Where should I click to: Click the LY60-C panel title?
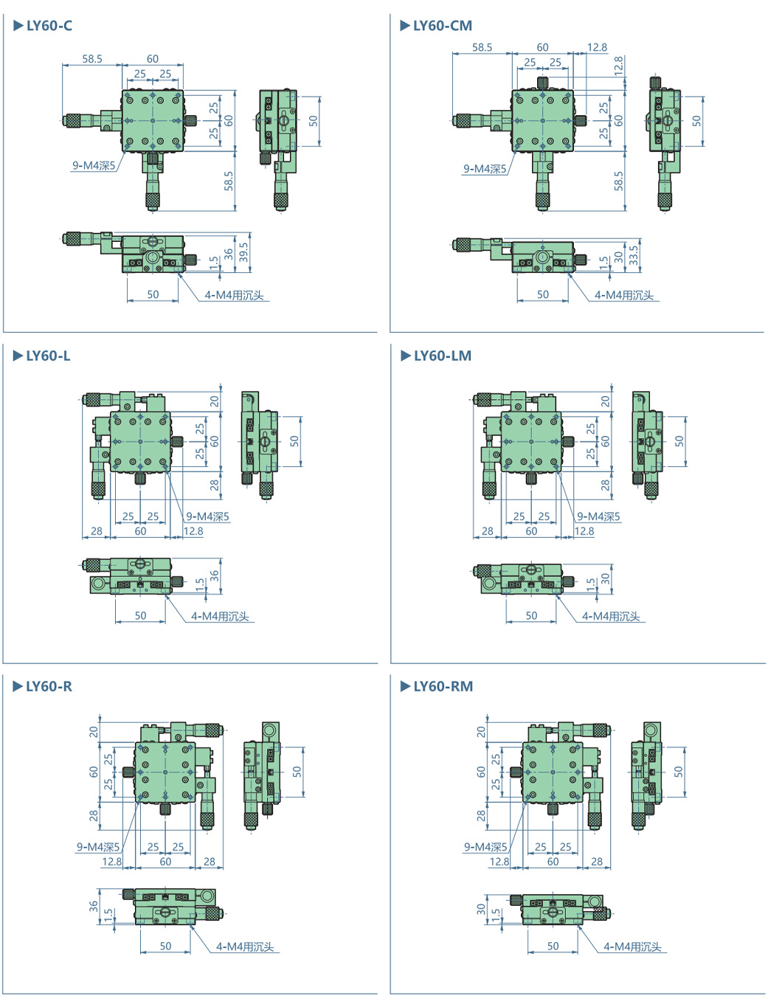(49, 26)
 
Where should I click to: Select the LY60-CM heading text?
(442, 26)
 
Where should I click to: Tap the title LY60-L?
(48, 356)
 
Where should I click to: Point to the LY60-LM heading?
(442, 356)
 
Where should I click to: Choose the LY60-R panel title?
(49, 687)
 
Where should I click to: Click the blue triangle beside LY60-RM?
(405, 687)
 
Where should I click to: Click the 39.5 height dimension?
(244, 252)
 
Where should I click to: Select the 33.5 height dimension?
(634, 255)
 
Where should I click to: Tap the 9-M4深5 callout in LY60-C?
(94, 165)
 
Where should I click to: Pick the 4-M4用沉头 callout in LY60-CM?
(624, 295)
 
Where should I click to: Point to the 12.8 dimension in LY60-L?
(193, 530)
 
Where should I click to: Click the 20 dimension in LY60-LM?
(606, 401)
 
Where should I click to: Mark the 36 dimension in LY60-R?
(94, 905)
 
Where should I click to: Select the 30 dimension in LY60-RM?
(482, 909)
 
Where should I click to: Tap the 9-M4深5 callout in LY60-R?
(98, 847)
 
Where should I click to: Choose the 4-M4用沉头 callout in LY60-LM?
(611, 616)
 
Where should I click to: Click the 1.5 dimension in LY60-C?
(214, 262)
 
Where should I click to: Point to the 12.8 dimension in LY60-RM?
(499, 861)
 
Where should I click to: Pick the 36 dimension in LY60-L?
(215, 575)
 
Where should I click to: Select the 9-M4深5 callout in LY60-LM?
(598, 516)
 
